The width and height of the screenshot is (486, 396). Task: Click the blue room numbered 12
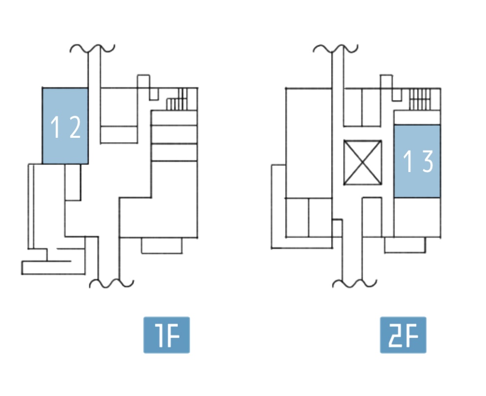[x=65, y=126]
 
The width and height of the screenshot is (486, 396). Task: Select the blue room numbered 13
[x=417, y=161]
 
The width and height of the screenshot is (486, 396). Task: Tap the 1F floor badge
[x=166, y=335]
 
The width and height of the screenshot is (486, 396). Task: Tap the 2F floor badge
[x=403, y=335]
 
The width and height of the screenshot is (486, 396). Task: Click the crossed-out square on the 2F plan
[x=362, y=163]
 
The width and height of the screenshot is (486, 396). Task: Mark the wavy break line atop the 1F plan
[x=93, y=48]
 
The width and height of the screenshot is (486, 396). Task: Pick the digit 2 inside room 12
[x=74, y=128]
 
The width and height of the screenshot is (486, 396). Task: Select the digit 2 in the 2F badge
[x=394, y=335]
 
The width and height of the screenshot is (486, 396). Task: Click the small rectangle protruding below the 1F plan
[x=162, y=245]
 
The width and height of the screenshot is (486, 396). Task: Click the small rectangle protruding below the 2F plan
[x=404, y=244]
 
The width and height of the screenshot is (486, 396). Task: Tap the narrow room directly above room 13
[x=417, y=117]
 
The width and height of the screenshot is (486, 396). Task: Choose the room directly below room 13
[x=417, y=217]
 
